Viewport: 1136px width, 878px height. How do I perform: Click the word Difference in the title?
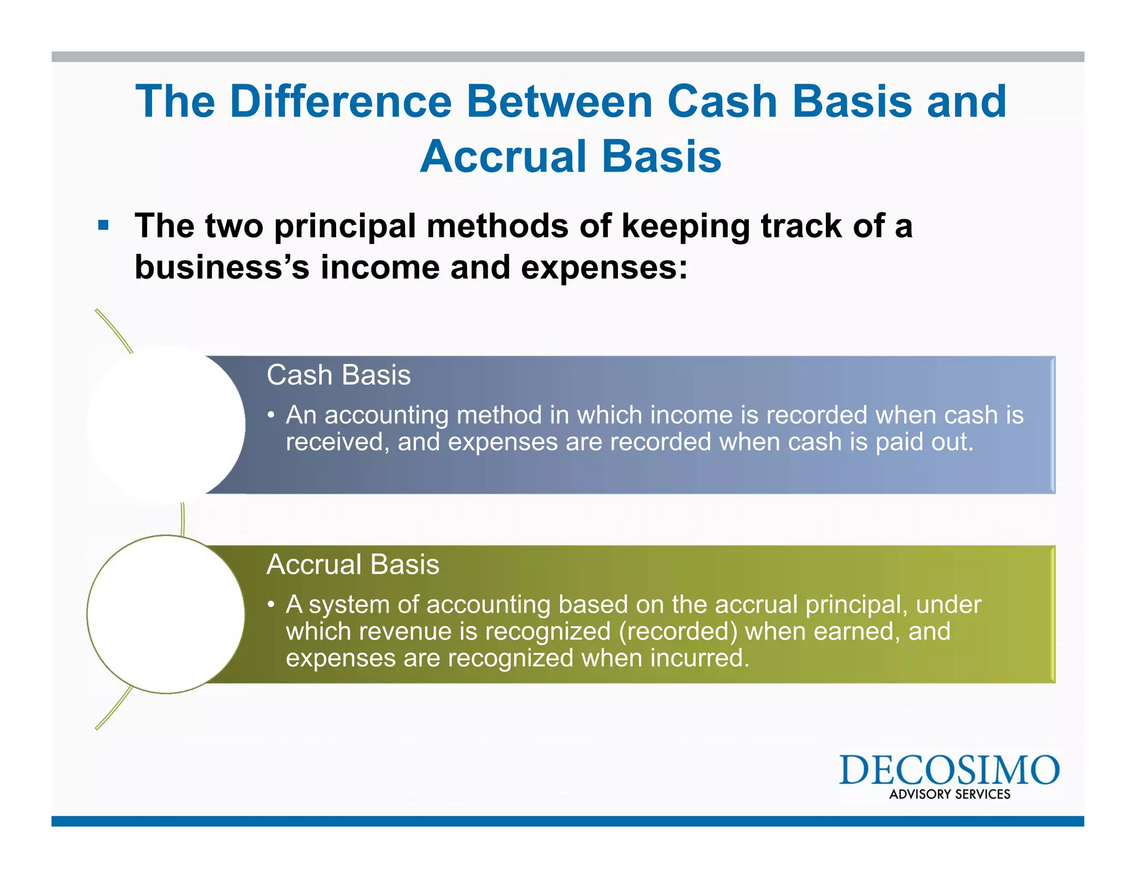[341, 102]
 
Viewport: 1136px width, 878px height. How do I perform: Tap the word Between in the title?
[559, 102]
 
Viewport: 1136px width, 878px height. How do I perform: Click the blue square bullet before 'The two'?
[103, 226]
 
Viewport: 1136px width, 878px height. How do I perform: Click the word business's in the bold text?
[222, 267]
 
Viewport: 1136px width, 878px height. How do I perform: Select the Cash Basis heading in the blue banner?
[338, 375]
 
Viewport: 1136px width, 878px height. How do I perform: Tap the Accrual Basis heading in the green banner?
[353, 564]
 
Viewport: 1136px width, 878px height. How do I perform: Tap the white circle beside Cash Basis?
[166, 425]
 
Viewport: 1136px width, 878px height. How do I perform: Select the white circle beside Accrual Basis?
[166, 614]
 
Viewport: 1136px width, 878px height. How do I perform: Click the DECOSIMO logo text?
[949, 770]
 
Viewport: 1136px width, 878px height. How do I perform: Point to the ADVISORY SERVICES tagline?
[950, 794]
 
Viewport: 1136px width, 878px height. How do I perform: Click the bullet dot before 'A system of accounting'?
[271, 604]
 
